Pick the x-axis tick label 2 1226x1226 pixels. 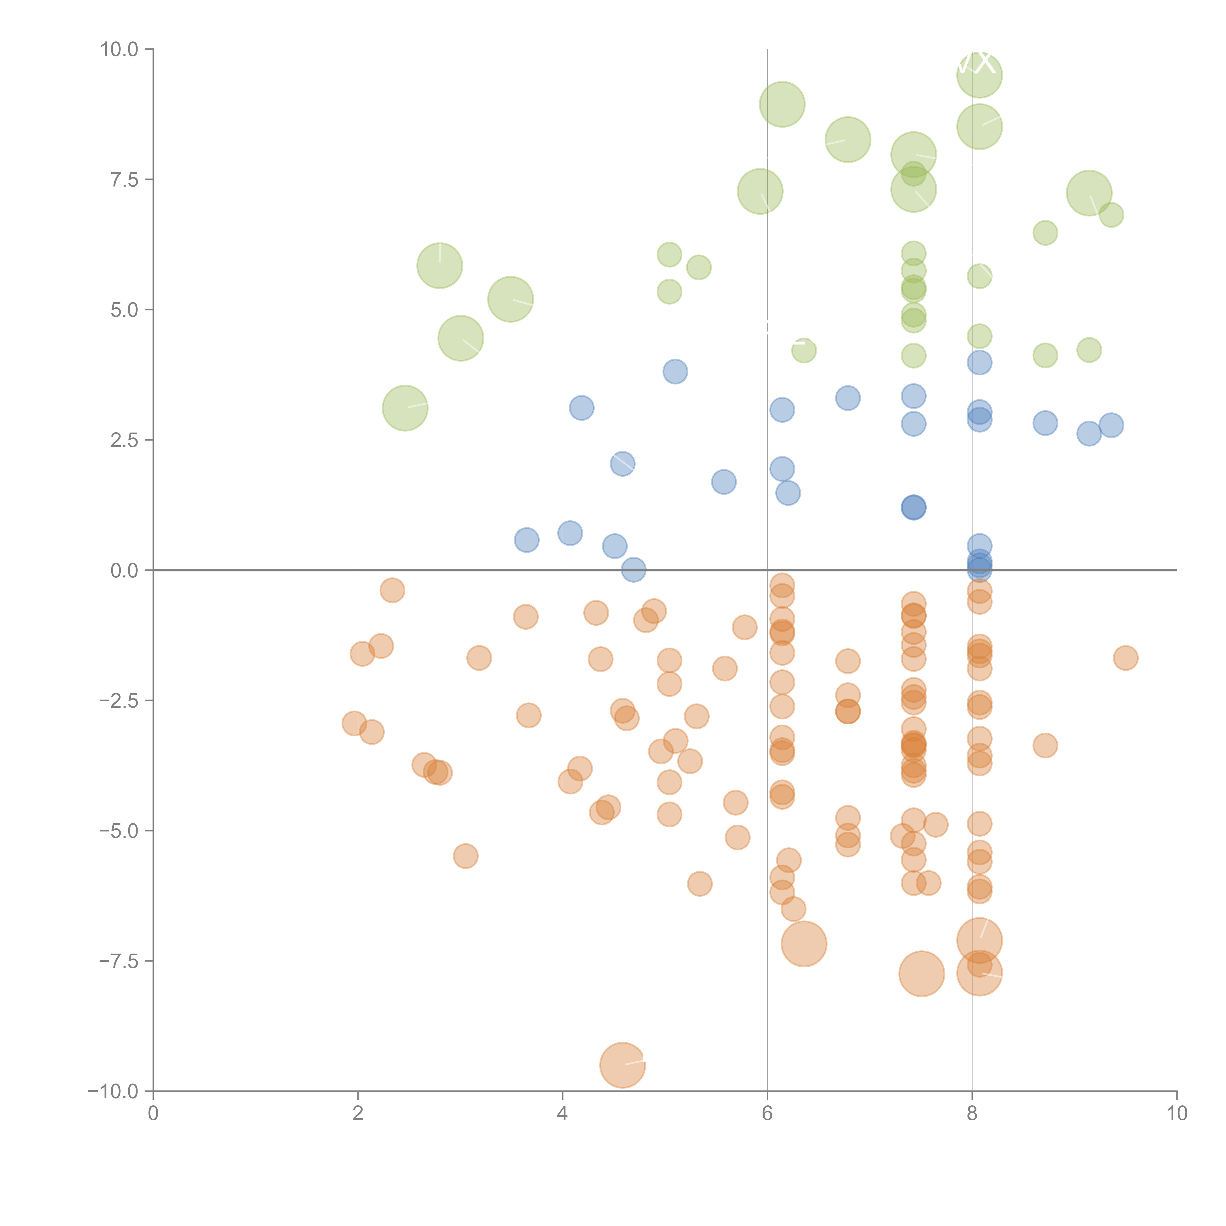point(358,1114)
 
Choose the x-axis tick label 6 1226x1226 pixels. point(767,1114)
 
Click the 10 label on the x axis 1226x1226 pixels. point(1176,1114)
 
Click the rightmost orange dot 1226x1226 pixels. point(1125,657)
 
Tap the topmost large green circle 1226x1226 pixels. point(979,75)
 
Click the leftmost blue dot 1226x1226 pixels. point(526,540)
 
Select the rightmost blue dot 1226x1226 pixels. point(1111,425)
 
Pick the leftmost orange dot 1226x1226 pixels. point(354,723)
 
